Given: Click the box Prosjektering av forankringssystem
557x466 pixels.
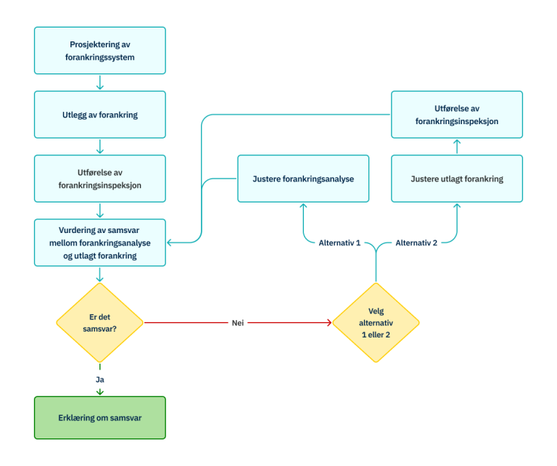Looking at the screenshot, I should coord(100,50).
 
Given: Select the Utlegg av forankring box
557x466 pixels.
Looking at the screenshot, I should coord(100,115).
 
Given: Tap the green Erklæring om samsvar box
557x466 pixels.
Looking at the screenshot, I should coord(100,417).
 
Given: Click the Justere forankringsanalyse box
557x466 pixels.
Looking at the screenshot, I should coord(303,179).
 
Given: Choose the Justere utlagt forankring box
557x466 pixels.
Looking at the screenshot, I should coord(456,179).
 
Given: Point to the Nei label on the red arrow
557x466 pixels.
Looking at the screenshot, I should coord(237,322).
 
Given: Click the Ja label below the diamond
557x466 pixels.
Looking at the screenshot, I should coord(100,378).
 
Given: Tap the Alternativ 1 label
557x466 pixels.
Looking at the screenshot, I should coord(339,243).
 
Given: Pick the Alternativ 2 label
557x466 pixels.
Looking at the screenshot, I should coord(416,243).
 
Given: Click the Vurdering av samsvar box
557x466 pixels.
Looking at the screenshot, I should coord(100,242).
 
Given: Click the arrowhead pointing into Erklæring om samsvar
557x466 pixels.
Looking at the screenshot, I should coord(100,393).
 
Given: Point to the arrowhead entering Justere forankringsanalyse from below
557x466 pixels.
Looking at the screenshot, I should coord(303,206).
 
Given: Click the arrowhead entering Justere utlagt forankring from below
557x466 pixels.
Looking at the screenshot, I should coord(457,206).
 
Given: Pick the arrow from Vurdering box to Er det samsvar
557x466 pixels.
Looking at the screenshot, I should coord(100,275).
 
